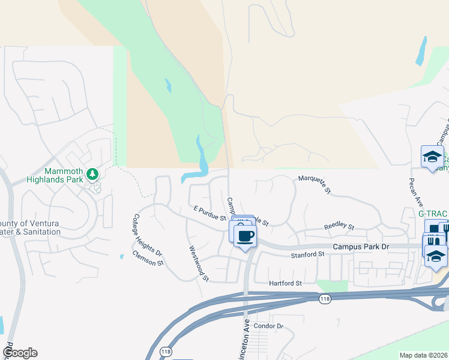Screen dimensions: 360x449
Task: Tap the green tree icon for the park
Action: coord(92,174)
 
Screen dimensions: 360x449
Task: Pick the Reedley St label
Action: coord(339,227)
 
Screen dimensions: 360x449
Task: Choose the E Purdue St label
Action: coord(209,213)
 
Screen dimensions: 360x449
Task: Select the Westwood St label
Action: coord(198,263)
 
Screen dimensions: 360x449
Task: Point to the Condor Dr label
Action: coord(268,326)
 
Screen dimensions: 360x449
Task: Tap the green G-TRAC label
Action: coord(433,214)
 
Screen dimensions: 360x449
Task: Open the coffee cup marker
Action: coord(245,235)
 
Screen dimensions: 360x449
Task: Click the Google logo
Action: coord(20,353)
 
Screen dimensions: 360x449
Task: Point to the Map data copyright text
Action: coord(423,355)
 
